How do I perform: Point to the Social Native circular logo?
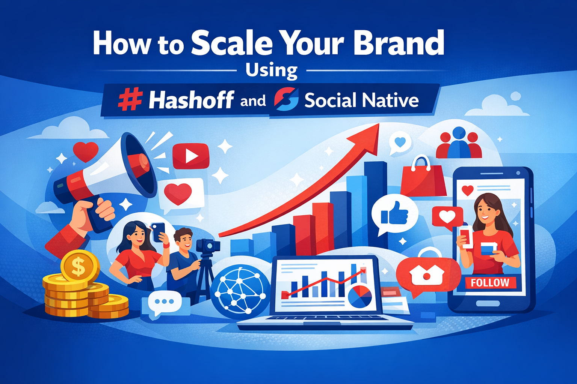click(286, 99)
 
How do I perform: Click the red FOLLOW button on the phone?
click(490, 283)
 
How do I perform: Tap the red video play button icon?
click(190, 156)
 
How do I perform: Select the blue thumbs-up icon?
click(394, 213)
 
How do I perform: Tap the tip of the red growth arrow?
click(379, 124)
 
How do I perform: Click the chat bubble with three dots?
click(165, 303)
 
